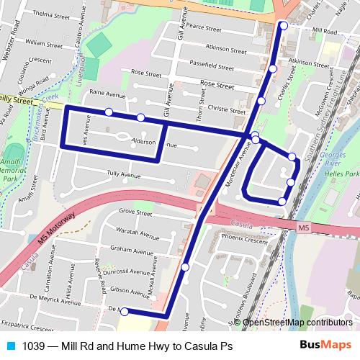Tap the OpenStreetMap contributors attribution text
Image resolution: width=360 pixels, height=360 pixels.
[x=297, y=323]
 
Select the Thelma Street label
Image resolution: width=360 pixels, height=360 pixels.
[x=50, y=14]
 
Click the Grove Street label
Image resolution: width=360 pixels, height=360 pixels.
[x=135, y=212]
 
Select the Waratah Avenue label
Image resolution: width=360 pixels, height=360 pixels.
[x=138, y=234]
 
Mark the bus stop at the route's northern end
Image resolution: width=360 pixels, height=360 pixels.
[x=283, y=25]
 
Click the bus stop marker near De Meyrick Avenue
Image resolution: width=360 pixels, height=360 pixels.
[x=125, y=312]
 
